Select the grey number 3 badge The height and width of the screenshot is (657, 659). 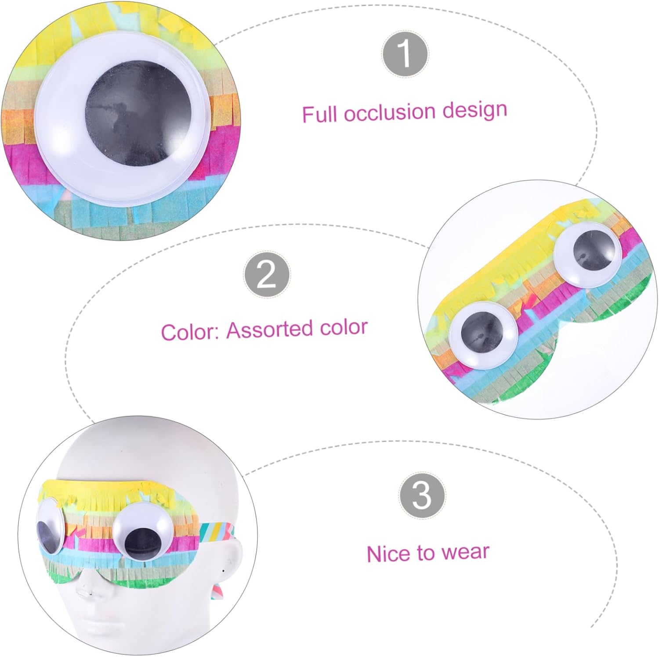coord(422,495)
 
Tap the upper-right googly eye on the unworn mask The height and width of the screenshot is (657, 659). coord(588,254)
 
